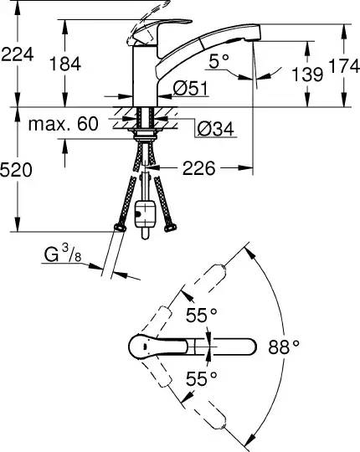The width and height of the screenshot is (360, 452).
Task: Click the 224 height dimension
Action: point(18,54)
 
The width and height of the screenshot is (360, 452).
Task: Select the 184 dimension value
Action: point(65,64)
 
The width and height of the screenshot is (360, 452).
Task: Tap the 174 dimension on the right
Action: point(344,66)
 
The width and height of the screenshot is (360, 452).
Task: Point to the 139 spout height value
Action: point(307,74)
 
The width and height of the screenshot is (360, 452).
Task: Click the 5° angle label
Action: point(219,61)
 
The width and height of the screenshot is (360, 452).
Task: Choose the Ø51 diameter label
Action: point(190,88)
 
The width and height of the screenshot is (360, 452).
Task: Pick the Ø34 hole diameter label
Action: point(215,129)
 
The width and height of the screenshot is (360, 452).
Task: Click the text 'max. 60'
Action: point(64,124)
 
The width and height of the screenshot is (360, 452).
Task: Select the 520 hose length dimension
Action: point(16,170)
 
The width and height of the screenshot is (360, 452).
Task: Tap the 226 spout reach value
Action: point(199,168)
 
